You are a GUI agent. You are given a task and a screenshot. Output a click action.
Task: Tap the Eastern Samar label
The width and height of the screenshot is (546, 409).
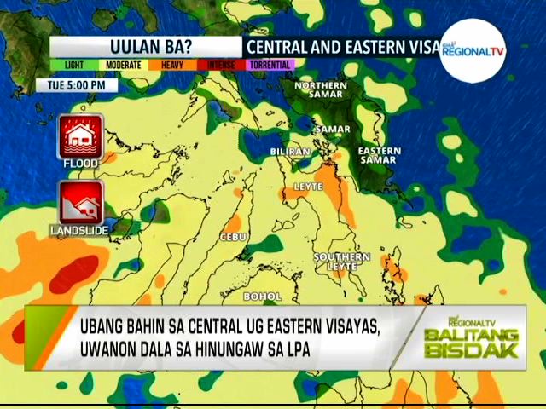(380, 155)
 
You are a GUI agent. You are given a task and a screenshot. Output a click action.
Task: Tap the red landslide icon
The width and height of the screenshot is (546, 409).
(80, 203)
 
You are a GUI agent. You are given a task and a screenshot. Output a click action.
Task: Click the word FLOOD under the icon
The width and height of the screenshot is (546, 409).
(80, 162)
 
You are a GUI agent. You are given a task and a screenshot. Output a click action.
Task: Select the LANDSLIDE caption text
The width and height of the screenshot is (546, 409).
(79, 230)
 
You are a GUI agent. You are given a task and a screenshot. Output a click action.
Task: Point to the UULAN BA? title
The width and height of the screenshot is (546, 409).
(146, 46)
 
